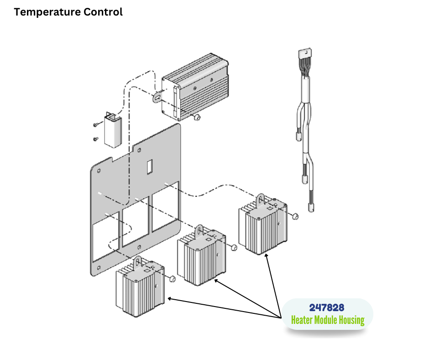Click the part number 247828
pos(327,308)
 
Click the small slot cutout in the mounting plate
pos(149,167)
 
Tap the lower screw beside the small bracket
pos(95,139)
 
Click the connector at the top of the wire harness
pos(304,55)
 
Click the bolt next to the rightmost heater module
pos(295,215)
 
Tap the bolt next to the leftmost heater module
pos(173,278)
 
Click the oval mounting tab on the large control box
pos(158,97)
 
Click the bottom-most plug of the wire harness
pos(312,207)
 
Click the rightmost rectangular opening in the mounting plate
pos(165,210)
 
